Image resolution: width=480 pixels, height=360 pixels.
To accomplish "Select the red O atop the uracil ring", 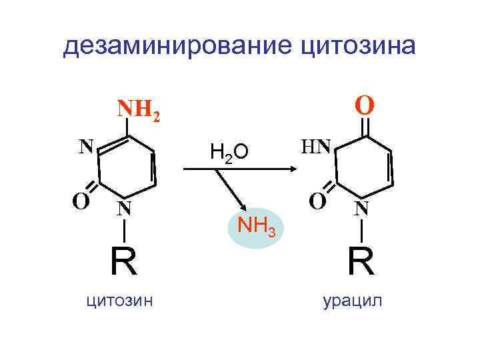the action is tap(364, 105).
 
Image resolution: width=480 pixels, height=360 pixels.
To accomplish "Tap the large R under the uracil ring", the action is tap(360, 261).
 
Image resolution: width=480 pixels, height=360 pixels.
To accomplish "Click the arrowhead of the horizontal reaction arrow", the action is tap(291, 170).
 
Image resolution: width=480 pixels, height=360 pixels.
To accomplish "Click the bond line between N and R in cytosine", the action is tap(123, 231).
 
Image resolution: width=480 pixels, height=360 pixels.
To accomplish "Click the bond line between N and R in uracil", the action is tap(361, 231).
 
